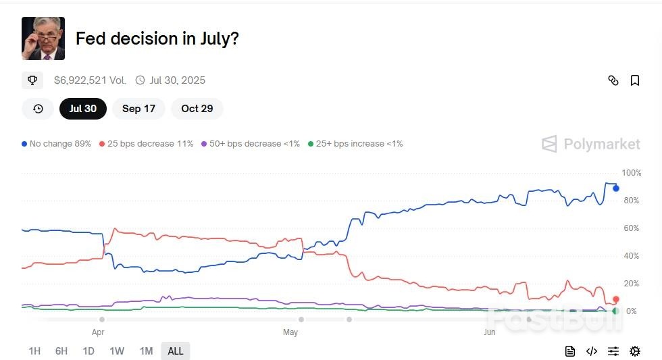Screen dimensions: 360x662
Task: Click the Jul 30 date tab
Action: point(82,108)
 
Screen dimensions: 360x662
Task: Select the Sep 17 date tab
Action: point(138,108)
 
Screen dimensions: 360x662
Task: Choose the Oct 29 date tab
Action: point(197,108)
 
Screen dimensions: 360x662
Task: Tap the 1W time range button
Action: point(117,351)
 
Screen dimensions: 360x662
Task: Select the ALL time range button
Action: point(175,351)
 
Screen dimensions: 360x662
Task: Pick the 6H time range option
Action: point(61,351)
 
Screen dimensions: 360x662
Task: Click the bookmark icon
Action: point(634,80)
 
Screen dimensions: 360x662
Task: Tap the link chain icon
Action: point(613,80)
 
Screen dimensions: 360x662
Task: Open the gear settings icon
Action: point(634,351)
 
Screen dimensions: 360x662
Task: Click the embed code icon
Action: point(591,351)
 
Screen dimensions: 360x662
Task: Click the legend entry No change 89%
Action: point(57,144)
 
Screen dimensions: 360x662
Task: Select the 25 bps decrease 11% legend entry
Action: point(146,144)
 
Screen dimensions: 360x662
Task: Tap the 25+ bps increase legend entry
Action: point(355,144)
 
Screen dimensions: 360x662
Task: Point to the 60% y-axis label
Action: point(630,228)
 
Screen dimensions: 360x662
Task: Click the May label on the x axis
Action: point(290,332)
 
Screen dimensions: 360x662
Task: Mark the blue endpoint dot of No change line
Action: point(615,188)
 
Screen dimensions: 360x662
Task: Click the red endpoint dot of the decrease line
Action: point(615,299)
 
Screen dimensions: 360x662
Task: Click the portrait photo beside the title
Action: point(43,38)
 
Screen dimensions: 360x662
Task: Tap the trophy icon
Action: point(32,80)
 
